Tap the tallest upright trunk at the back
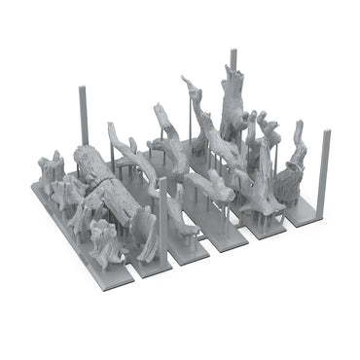point(234,107)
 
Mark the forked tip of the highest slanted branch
point(187,84)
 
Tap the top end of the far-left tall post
point(83,90)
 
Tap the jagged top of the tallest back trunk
point(233,72)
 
